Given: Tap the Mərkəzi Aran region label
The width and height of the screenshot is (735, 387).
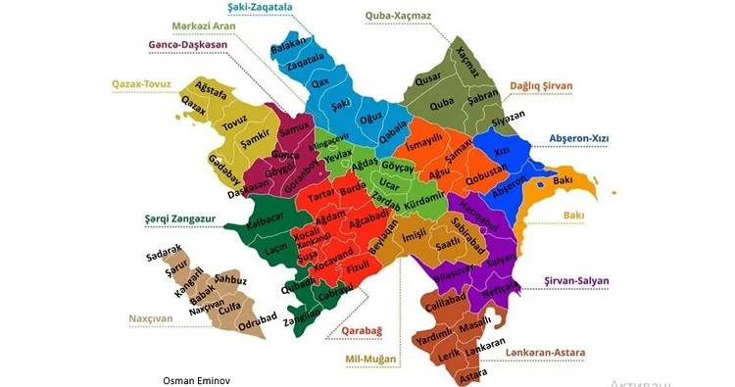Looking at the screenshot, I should coord(208,25).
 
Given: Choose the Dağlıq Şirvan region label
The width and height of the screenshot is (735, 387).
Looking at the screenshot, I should coord(546,86).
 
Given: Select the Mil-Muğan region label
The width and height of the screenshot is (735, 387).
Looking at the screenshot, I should coord(369,359).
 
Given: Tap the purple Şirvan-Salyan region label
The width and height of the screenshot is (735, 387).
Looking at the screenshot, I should coord(576,280).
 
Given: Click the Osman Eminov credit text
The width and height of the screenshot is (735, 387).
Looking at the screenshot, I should coord(202,379).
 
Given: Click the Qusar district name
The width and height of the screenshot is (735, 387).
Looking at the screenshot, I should coord(430,78).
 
